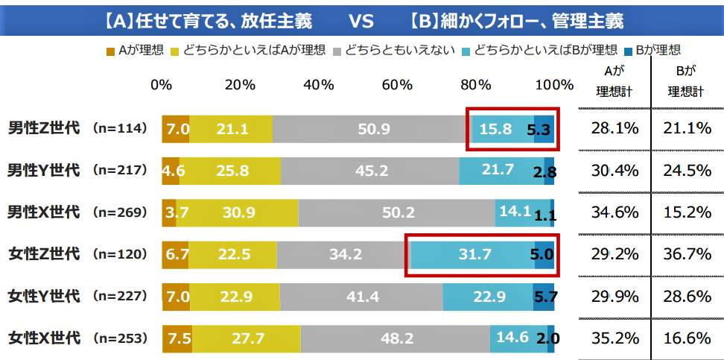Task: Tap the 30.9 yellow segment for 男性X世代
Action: tap(237, 212)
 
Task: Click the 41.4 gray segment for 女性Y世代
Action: tap(361, 297)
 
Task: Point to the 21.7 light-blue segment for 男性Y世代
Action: tap(501, 171)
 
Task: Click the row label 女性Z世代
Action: tap(44, 254)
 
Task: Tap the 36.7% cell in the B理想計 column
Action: tap(689, 254)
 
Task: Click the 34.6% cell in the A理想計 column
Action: tap(615, 212)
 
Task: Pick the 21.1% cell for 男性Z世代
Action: tap(689, 129)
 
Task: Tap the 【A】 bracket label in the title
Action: tap(123, 18)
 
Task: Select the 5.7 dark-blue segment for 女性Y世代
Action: tap(543, 297)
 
